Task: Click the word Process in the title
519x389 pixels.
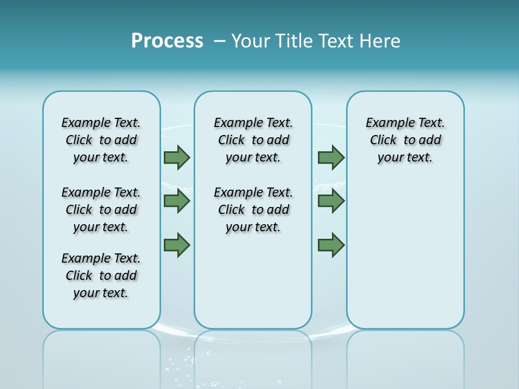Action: tap(167, 41)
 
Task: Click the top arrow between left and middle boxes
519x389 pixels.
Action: tap(177, 157)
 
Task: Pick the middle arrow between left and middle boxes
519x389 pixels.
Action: tap(177, 201)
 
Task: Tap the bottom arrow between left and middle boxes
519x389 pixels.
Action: tap(177, 245)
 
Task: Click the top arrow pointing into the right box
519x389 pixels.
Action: tap(331, 157)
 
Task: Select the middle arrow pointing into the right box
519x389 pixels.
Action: tap(331, 201)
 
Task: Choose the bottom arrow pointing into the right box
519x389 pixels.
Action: tap(331, 245)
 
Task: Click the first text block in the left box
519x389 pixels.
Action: tap(101, 140)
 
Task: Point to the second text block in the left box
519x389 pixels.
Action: tap(101, 210)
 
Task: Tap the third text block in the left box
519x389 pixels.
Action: tap(101, 276)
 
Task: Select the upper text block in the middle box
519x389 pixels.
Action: tap(253, 140)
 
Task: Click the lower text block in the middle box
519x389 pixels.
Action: tap(253, 210)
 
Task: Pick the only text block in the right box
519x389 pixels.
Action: tap(405, 140)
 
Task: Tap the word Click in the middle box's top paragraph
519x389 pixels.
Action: tap(231, 140)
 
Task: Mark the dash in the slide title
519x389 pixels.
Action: tap(219, 41)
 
